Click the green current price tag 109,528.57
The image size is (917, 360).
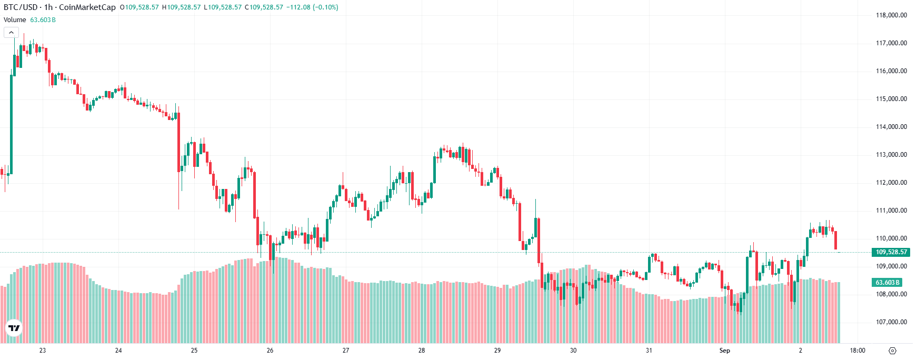[891, 252]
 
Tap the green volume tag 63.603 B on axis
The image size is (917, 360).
[888, 283]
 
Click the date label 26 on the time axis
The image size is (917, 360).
[270, 351]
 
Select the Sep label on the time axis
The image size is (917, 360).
[725, 351]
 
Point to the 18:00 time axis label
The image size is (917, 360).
[858, 351]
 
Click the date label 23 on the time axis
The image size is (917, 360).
[43, 351]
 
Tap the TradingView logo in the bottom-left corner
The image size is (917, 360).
[14, 328]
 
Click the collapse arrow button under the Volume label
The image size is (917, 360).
[11, 33]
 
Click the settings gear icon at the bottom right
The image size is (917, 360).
[892, 351]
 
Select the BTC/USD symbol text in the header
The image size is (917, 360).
[21, 7]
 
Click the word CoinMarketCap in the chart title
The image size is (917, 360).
[87, 7]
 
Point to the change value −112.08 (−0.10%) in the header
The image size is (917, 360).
[312, 7]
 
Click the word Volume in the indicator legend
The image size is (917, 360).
[15, 20]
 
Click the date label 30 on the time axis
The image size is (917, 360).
[573, 351]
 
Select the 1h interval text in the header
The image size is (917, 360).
[48, 7]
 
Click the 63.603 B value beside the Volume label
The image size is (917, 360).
[43, 20]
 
